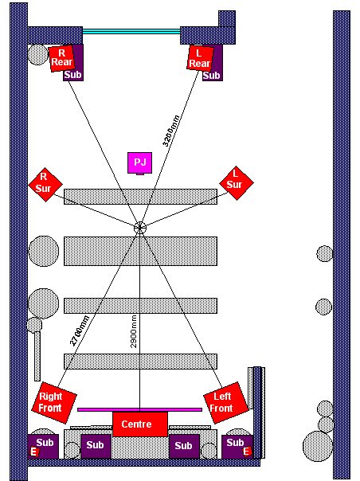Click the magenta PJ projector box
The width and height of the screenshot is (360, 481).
click(x=139, y=163)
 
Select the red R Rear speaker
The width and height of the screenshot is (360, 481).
click(x=61, y=59)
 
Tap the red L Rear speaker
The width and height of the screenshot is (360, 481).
click(x=200, y=58)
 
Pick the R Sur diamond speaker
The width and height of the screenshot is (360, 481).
click(x=45, y=185)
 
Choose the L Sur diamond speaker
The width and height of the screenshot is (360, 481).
click(x=237, y=183)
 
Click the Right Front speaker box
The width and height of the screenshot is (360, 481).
click(x=54, y=402)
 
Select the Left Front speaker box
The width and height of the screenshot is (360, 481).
click(x=226, y=402)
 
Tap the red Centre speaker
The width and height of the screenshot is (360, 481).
click(x=140, y=424)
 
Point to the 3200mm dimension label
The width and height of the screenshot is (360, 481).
click(x=170, y=131)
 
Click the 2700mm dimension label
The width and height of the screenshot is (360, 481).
click(x=80, y=330)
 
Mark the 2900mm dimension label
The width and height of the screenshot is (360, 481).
click(x=134, y=331)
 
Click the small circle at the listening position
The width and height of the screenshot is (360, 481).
click(x=140, y=228)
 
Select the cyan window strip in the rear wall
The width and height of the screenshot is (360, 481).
click(x=131, y=31)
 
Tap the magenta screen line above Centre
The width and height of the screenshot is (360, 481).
click(x=139, y=409)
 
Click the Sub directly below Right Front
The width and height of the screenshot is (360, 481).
click(x=43, y=446)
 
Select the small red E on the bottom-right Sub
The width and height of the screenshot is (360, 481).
click(x=246, y=452)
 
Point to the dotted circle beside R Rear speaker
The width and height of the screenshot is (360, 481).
click(x=38, y=55)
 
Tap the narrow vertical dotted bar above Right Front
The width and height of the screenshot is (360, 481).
click(x=37, y=356)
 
